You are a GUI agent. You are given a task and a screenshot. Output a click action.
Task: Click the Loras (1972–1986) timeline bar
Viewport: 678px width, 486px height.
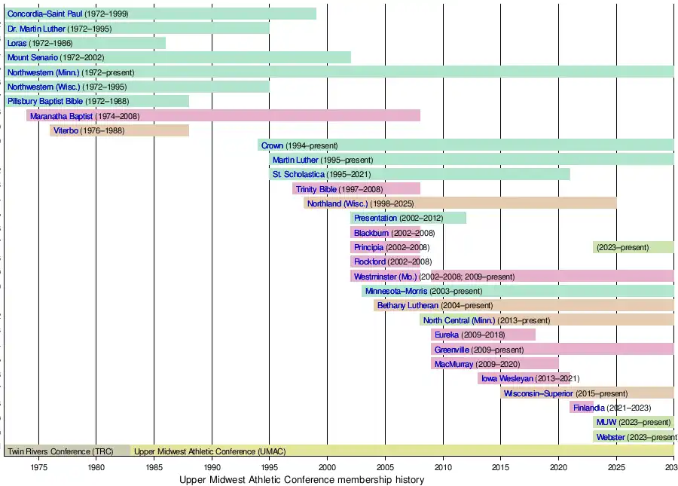[x=84, y=43]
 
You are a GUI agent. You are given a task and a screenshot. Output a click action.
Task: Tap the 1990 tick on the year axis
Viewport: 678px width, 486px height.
[x=212, y=466]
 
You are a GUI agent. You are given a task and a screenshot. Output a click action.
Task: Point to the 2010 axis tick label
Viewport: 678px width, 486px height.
[x=443, y=466]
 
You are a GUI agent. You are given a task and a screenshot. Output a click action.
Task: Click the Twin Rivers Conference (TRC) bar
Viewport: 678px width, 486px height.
[x=67, y=451]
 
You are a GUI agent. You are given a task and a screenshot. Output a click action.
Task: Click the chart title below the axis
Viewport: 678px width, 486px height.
[x=301, y=480]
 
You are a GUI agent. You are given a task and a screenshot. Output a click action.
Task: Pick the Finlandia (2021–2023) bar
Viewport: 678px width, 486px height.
[x=581, y=408]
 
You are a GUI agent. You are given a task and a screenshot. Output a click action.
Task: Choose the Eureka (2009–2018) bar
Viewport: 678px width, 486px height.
[x=483, y=335]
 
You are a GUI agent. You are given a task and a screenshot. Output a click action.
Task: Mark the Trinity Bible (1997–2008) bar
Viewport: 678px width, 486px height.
[x=356, y=189]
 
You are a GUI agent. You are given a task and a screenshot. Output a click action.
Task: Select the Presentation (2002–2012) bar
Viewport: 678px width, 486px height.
[x=408, y=218]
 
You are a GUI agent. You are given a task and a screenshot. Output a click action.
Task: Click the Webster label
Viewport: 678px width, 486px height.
[x=610, y=437]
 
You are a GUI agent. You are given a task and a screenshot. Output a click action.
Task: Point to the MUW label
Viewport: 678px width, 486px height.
[x=606, y=422]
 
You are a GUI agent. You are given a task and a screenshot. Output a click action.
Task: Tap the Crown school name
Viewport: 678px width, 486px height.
[x=272, y=145]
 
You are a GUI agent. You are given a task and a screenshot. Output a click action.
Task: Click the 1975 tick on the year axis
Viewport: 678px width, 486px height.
[x=38, y=466]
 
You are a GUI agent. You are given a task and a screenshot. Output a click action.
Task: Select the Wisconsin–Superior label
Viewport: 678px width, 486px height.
[x=538, y=393]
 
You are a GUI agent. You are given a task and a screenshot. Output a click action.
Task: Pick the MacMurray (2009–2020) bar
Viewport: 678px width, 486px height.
[x=494, y=364]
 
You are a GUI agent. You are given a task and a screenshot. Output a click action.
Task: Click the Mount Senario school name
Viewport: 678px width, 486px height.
[x=32, y=57]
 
